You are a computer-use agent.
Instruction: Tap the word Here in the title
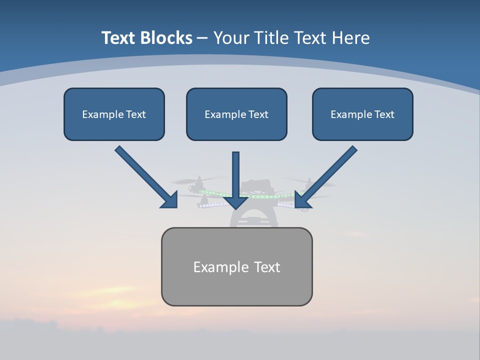[x=351, y=38]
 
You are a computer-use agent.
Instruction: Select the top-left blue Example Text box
[x=114, y=114]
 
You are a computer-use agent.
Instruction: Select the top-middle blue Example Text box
[x=236, y=114]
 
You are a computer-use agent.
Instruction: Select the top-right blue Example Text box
[x=362, y=114]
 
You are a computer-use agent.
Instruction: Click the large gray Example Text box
[x=236, y=266]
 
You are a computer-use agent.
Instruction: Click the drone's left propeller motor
[x=199, y=183]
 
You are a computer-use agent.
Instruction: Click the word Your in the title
[x=232, y=38]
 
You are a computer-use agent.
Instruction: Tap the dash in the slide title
[x=202, y=38]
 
